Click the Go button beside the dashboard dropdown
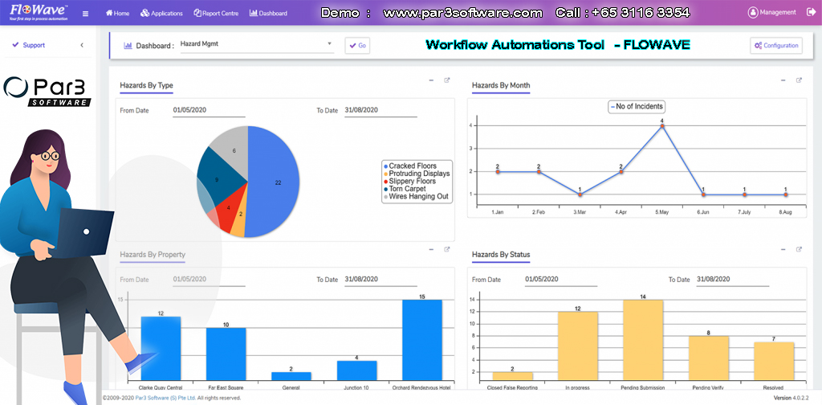click(x=357, y=46)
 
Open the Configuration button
click(x=775, y=46)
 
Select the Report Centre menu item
click(x=216, y=14)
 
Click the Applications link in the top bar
click(x=161, y=14)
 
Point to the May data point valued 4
click(x=661, y=126)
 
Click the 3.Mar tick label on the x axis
click(x=579, y=212)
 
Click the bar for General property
click(x=291, y=375)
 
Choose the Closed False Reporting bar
click(x=512, y=375)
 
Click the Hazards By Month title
click(x=501, y=85)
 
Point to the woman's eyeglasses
click(x=48, y=156)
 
